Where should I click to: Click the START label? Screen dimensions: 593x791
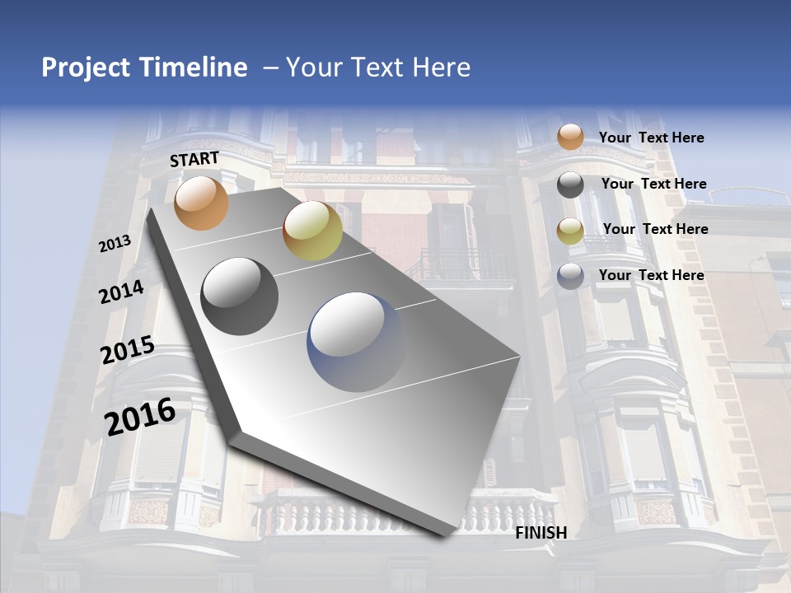point(194,159)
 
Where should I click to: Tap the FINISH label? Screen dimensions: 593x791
point(541,533)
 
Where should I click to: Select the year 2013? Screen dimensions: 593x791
point(115,244)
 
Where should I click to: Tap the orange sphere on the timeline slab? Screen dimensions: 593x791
point(201,203)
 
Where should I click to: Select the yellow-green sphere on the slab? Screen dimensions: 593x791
point(312,231)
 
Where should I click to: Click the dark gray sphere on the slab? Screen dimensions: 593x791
point(240,296)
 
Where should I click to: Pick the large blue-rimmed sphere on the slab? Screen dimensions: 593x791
point(358,343)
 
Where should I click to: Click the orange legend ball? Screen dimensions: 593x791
point(570,138)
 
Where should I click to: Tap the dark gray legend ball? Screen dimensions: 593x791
point(570,184)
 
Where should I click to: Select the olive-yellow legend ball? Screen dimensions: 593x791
point(570,231)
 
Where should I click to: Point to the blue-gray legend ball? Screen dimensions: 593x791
point(570,276)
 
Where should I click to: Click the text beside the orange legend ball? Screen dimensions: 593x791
point(651,138)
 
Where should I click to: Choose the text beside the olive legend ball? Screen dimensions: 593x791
point(655,229)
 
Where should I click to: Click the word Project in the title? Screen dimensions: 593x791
point(87,68)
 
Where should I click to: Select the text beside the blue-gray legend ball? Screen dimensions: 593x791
point(651,275)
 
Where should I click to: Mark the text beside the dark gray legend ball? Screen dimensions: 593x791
point(653,184)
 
